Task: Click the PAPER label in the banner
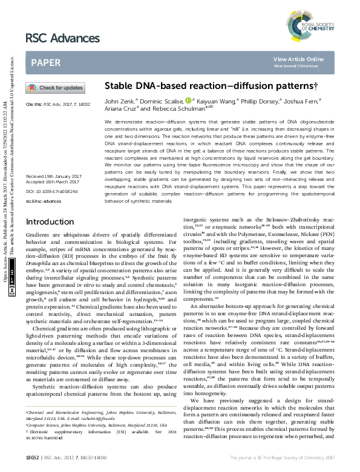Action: point(45,63)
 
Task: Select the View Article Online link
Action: point(298,59)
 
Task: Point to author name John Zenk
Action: point(120,100)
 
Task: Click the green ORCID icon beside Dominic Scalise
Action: point(188,100)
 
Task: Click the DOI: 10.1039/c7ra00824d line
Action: point(48,191)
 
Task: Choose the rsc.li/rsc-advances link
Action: point(44,201)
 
